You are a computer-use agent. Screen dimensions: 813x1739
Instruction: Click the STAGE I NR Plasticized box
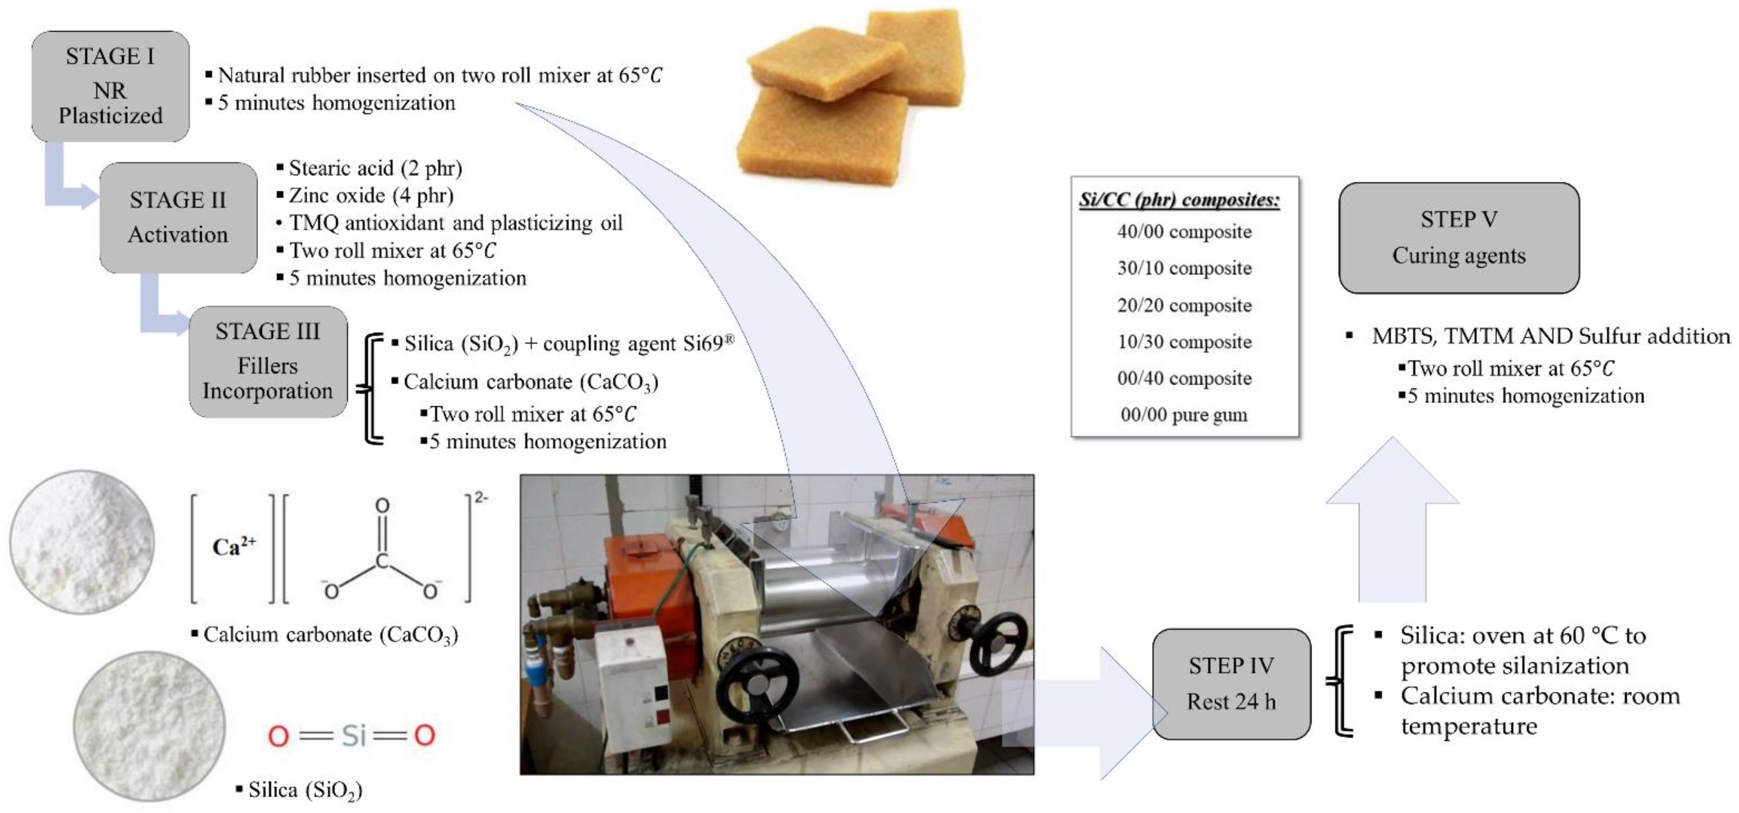(110, 86)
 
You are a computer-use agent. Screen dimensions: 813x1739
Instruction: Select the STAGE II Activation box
(178, 217)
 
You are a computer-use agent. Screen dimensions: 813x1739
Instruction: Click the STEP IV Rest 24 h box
(1231, 684)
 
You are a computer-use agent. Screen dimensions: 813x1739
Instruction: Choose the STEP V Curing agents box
(1458, 238)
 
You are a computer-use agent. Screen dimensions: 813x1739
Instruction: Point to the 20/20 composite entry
(1184, 305)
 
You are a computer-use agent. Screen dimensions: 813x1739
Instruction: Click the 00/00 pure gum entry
(1184, 414)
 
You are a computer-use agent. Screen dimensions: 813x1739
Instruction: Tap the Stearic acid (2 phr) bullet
(375, 167)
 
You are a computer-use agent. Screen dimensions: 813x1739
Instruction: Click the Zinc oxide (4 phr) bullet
(371, 195)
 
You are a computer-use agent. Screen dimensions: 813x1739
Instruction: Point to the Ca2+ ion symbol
(234, 546)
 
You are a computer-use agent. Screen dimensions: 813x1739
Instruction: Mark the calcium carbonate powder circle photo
(82, 542)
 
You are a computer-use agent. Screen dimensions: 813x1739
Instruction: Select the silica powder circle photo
(149, 725)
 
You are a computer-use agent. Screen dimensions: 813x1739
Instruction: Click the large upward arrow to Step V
(1392, 519)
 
